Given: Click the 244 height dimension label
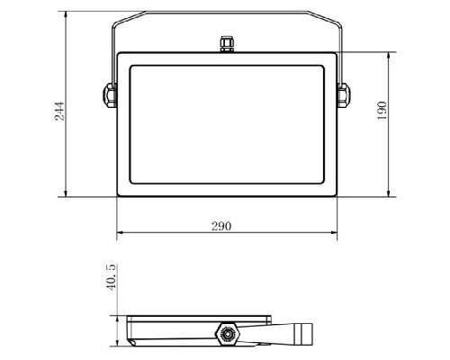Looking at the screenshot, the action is click(x=59, y=111).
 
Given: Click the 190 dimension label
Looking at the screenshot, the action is click(x=382, y=111).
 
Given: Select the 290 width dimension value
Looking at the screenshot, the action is click(x=221, y=226).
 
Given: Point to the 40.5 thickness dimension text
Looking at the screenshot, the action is click(x=111, y=277).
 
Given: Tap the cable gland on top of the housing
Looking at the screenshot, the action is click(x=227, y=44).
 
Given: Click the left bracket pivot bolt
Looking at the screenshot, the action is click(x=110, y=95).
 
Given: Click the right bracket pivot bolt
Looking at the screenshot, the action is click(x=344, y=95).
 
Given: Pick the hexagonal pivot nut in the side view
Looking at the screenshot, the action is click(x=227, y=334).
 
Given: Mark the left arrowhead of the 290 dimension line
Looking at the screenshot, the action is click(x=120, y=232).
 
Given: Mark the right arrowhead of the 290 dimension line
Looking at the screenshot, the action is click(x=334, y=232).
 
